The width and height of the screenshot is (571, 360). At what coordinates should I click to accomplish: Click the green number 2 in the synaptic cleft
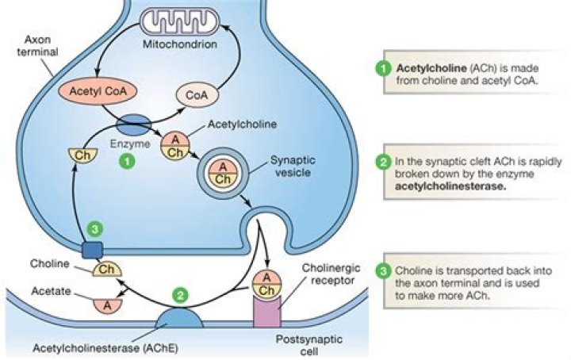[181, 296]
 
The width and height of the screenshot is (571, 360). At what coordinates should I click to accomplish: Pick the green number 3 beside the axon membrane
[95, 228]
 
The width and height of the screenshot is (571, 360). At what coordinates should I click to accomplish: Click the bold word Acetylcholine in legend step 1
[428, 68]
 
